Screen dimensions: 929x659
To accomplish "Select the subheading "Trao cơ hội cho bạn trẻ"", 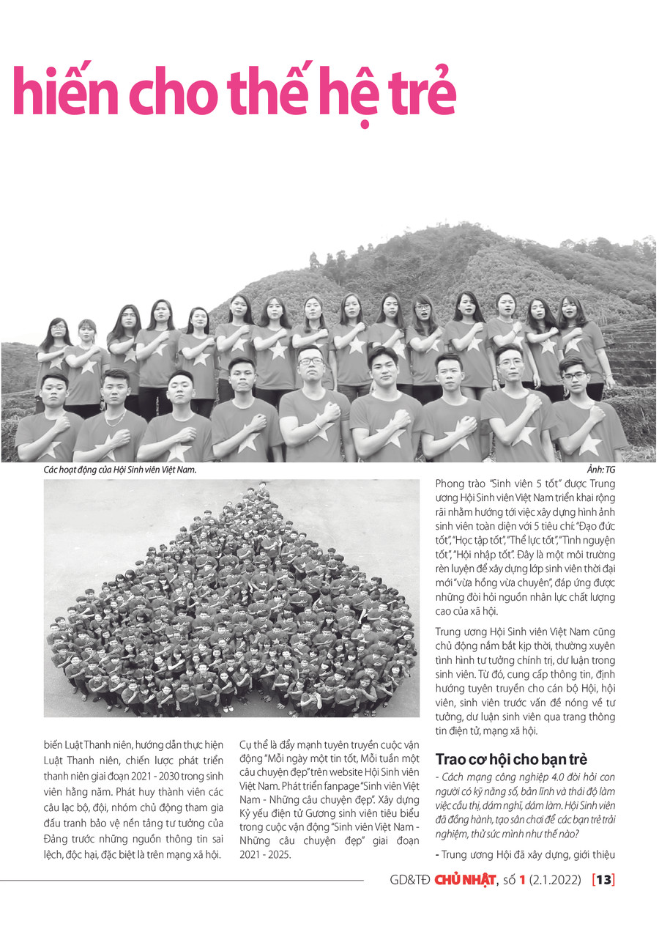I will (x=511, y=759).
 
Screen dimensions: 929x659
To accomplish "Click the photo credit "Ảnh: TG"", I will (x=600, y=470).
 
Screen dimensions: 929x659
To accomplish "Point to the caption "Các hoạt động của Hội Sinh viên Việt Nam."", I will (x=121, y=470).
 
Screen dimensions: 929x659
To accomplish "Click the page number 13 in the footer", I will (x=603, y=880).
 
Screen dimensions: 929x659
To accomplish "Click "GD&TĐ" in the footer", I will (x=411, y=880).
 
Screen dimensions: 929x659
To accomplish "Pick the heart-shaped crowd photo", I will (x=231, y=598).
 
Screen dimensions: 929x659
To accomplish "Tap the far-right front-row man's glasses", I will (x=574, y=375).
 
